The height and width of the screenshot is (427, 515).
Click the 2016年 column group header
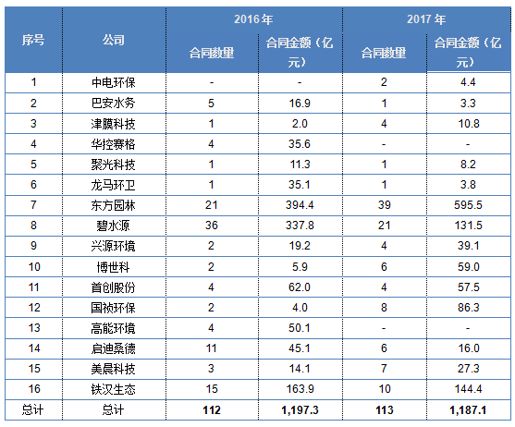click(253, 19)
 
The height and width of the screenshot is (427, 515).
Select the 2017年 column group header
click(426, 19)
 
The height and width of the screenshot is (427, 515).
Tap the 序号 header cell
click(33, 40)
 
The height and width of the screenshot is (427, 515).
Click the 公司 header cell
click(114, 40)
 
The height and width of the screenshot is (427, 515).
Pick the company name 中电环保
click(114, 82)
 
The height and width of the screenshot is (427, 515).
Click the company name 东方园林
click(114, 205)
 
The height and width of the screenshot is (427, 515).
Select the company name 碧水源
click(114, 226)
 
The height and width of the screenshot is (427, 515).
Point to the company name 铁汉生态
click(114, 389)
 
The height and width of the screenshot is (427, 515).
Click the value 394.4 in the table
click(300, 205)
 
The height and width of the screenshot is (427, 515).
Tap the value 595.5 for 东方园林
click(468, 205)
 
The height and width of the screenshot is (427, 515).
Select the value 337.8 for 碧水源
click(300, 226)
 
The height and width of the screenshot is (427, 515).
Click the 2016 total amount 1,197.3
click(300, 410)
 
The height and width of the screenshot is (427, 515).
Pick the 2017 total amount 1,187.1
click(468, 410)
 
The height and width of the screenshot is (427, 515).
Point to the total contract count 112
click(212, 410)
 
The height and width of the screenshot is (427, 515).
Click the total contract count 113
click(385, 410)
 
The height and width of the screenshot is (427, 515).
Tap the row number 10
click(34, 267)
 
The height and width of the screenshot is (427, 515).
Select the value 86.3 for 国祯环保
click(469, 308)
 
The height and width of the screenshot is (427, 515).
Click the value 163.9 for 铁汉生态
click(300, 389)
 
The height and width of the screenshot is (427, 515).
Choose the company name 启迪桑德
click(114, 348)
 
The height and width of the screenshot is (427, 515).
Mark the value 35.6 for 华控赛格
click(300, 144)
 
